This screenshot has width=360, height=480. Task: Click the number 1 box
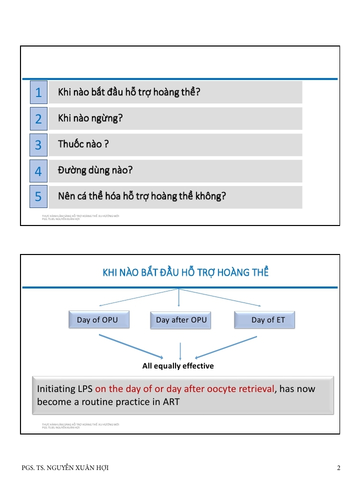tap(38, 92)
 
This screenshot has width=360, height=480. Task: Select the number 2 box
tap(38, 118)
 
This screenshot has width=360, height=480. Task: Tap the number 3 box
tap(38, 144)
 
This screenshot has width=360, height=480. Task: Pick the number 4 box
tap(38, 171)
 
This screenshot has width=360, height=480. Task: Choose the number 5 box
tap(38, 197)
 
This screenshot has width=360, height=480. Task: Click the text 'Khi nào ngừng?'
tap(90, 118)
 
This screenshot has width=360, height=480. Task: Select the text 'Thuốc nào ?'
tap(83, 144)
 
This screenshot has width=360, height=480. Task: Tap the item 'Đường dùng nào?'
tap(95, 170)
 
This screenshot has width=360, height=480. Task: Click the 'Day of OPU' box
tap(98, 320)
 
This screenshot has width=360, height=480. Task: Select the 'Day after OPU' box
tap(180, 320)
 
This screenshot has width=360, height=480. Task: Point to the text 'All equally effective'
tap(178, 366)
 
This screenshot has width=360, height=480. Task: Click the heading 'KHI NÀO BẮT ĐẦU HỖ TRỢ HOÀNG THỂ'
tap(185, 272)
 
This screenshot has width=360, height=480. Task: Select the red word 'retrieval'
tap(255, 388)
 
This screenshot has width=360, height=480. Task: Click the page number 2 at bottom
tap(338, 468)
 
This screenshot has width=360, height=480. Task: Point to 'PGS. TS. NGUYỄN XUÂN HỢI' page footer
tap(65, 468)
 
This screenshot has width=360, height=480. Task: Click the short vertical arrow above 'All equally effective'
tap(180, 350)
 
